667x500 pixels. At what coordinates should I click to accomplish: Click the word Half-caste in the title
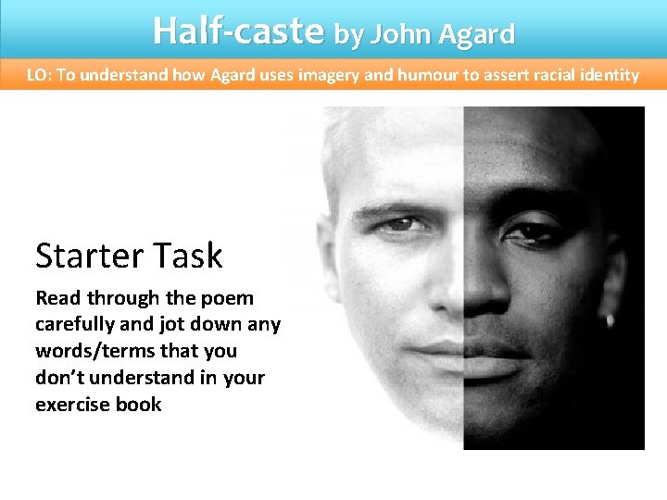click(x=238, y=31)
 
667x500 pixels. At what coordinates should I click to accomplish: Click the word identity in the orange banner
click(x=605, y=75)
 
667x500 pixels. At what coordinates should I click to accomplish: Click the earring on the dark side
click(x=610, y=320)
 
